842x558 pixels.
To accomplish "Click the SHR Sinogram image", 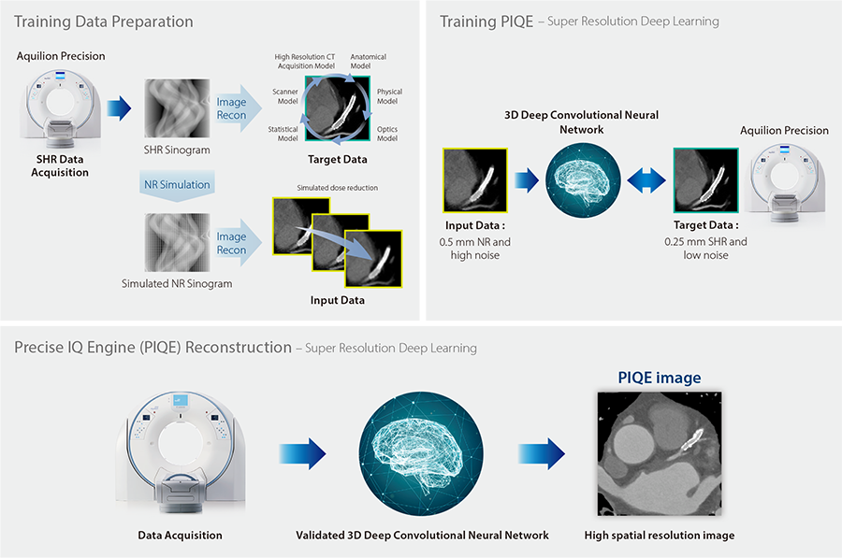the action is click(x=177, y=108).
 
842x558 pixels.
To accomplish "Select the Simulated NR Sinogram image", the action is click(x=177, y=242).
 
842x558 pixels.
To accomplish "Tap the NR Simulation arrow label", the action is click(x=177, y=185).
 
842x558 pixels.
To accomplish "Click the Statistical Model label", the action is click(x=283, y=134).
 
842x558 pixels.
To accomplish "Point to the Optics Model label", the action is click(x=387, y=134).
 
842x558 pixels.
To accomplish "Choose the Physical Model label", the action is click(x=389, y=96).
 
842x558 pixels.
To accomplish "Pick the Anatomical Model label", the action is click(x=368, y=61).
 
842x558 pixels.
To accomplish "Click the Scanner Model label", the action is click(x=285, y=96).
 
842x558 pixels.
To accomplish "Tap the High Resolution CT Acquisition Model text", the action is click(x=305, y=61).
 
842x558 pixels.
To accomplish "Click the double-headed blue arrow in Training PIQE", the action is click(x=646, y=180).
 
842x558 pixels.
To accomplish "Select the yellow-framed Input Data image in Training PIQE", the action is click(x=474, y=180).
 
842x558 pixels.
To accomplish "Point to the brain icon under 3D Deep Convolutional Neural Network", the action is click(x=583, y=180).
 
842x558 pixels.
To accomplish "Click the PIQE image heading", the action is click(x=660, y=378).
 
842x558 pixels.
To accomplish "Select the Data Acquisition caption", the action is click(x=180, y=535).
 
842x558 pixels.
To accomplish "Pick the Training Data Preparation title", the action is click(x=104, y=21).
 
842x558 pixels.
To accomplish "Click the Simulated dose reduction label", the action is click(x=337, y=188).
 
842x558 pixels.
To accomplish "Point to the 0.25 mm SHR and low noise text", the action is click(x=705, y=249).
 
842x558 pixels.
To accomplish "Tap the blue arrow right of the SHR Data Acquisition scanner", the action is click(x=119, y=108).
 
